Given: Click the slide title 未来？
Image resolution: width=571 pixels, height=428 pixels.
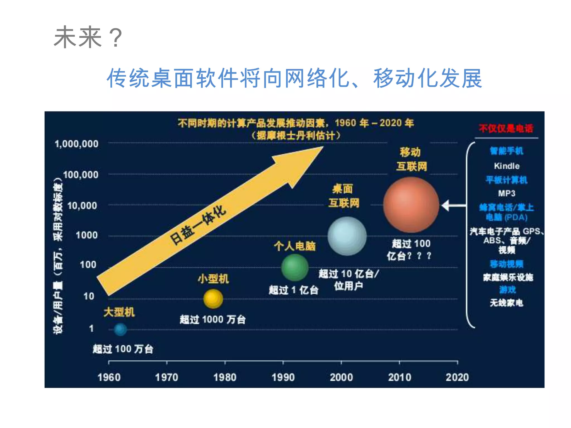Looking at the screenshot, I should pos(88,38).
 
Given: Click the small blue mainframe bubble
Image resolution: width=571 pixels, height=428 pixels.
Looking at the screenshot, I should pos(120,329).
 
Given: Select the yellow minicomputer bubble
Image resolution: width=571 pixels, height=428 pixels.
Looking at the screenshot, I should pos(213,299).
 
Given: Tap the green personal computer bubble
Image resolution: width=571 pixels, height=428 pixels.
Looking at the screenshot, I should pos(295,267).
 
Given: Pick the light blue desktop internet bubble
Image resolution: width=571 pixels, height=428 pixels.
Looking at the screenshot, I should pos(347,236).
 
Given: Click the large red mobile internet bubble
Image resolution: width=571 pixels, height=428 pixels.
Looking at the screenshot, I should pos(411,205).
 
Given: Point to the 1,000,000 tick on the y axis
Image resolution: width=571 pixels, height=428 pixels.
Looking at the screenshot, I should pos(76,144).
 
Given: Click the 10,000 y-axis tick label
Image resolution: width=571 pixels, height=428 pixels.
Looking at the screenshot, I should pos(82,206).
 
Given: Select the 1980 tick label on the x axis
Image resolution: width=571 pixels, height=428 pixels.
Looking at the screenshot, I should pos(225,377).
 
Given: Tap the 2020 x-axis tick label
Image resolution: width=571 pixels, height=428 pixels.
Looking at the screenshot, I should pos(457,377).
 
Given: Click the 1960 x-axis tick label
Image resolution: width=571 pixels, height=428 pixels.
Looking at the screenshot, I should pos(109,377).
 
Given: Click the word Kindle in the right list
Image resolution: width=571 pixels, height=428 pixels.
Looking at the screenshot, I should pos(507,166).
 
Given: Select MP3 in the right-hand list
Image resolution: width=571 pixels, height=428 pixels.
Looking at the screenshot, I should pos(507,193).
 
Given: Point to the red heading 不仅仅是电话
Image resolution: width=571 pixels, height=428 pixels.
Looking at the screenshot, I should pos(506,128).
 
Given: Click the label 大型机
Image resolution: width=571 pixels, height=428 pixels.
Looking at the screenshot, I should pos(119,312).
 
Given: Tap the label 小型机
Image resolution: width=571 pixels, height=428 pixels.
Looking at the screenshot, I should pos(213,279).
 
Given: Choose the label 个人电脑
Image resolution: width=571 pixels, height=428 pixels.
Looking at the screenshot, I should pos(294,246).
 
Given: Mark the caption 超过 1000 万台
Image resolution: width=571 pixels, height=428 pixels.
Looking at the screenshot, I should pos(212,319).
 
